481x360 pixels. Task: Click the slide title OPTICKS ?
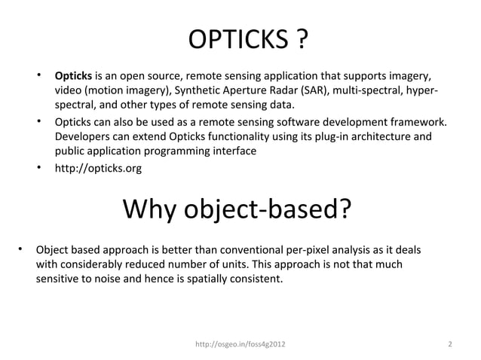pyautogui.click(x=246, y=39)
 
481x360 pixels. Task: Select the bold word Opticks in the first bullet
pyautogui.click(x=73, y=77)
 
